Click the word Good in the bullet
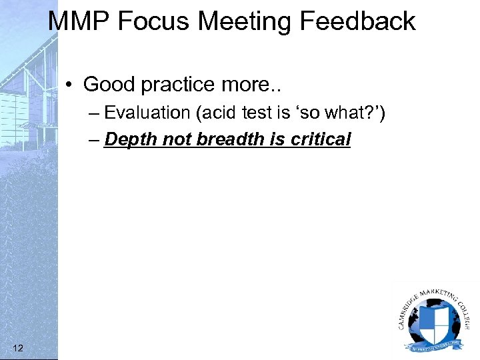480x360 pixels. pos(105,85)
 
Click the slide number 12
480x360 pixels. pos(19,347)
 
